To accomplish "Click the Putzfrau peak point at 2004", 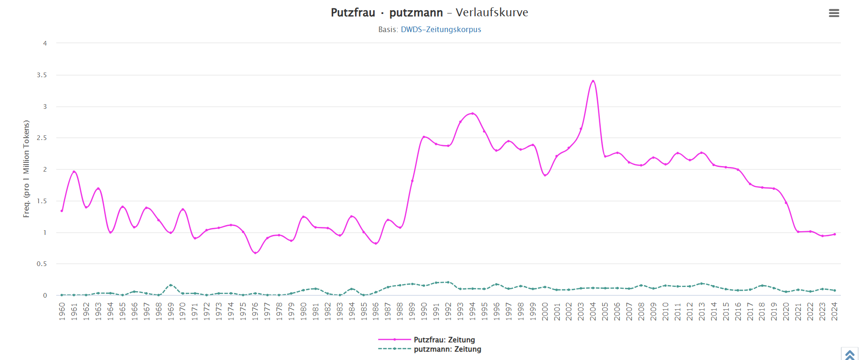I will (593, 81).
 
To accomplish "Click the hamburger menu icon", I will (834, 13).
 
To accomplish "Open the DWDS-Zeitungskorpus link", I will (441, 29).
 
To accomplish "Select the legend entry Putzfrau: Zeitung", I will (444, 340).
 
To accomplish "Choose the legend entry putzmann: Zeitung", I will (447, 349).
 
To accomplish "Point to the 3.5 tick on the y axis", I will (42, 75).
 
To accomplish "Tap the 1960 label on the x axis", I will (62, 311).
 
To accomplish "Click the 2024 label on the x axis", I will (835, 311).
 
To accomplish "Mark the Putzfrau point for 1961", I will (74, 172).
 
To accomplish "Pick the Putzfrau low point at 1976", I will (255, 253).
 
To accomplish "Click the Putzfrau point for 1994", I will (472, 113).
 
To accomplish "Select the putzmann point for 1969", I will (171, 285).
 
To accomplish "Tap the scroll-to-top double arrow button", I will (850, 354).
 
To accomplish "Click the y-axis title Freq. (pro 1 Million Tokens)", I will (27, 169).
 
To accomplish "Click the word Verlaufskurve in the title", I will (492, 13).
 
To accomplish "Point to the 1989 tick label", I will (412, 311).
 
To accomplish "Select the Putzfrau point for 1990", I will (424, 137).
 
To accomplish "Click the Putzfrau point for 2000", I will (545, 175).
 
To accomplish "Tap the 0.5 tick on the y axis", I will (42, 264).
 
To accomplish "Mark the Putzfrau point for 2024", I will (835, 234).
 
